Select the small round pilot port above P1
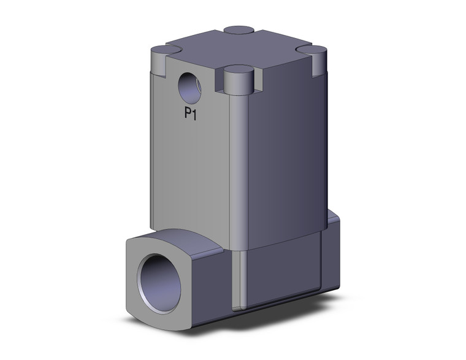[x=189, y=88]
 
